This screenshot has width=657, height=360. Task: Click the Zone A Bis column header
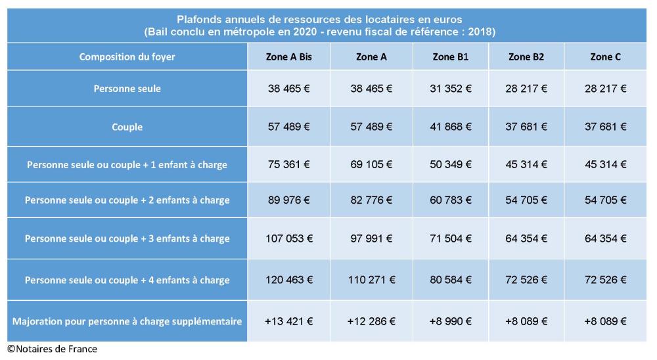(x=289, y=57)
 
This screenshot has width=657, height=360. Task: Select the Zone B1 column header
(x=451, y=57)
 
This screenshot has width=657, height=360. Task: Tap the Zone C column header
(x=605, y=57)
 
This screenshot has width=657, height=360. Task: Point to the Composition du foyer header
(x=127, y=57)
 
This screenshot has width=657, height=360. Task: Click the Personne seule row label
(x=127, y=89)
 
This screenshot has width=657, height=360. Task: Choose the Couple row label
(x=127, y=127)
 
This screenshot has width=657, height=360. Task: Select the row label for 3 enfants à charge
(x=127, y=238)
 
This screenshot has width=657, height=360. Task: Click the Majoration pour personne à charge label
(x=127, y=321)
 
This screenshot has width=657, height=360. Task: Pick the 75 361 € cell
(x=289, y=164)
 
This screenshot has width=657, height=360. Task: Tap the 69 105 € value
(x=371, y=164)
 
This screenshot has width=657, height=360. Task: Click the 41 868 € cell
(x=451, y=127)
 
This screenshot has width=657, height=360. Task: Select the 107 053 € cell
(x=289, y=238)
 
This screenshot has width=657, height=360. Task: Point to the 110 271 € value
(x=371, y=280)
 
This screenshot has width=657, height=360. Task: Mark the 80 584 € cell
(x=451, y=280)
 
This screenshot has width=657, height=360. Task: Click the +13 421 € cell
(x=289, y=321)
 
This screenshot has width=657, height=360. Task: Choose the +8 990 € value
(x=451, y=321)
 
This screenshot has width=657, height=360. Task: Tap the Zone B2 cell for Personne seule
(x=526, y=89)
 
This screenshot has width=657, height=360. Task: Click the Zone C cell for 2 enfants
(x=605, y=200)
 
